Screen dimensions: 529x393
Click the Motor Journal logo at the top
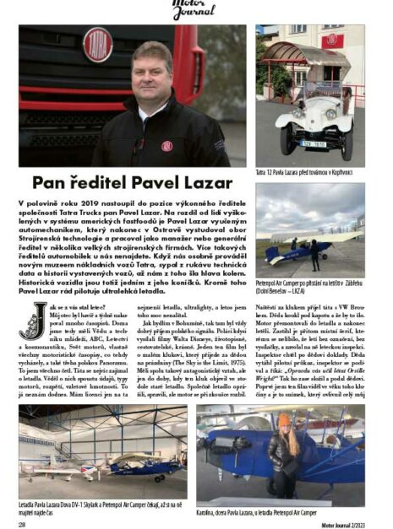[195, 8]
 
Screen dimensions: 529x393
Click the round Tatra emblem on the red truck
[98, 44]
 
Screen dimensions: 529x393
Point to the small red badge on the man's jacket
[166, 145]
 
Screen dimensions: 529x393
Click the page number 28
[21, 522]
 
